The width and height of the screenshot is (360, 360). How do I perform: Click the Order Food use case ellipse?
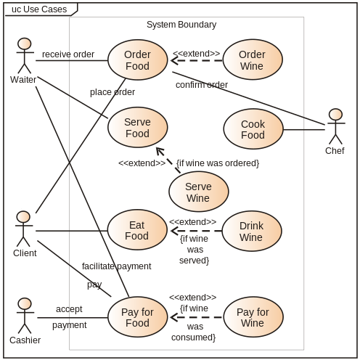tap(137, 60)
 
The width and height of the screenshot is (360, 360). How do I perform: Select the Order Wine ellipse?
tap(252, 60)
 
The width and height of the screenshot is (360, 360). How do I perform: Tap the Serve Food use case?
tap(137, 128)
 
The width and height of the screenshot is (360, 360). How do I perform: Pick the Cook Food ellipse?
tap(253, 129)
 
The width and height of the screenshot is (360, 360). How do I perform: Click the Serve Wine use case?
tap(197, 192)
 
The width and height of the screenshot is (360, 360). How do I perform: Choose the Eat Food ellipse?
tap(137, 231)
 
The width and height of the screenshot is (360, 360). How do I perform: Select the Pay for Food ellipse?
tap(137, 318)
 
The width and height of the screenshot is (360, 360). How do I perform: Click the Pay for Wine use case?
tap(252, 318)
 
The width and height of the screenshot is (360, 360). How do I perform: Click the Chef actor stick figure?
tap(335, 127)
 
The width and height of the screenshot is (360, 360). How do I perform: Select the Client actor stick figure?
tap(25, 229)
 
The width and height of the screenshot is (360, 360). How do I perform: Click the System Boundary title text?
tap(181, 25)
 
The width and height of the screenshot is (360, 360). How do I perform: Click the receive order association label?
tap(67, 54)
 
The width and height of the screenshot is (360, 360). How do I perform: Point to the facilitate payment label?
tap(117, 266)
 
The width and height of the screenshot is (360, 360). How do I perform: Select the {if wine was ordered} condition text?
tap(218, 163)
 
